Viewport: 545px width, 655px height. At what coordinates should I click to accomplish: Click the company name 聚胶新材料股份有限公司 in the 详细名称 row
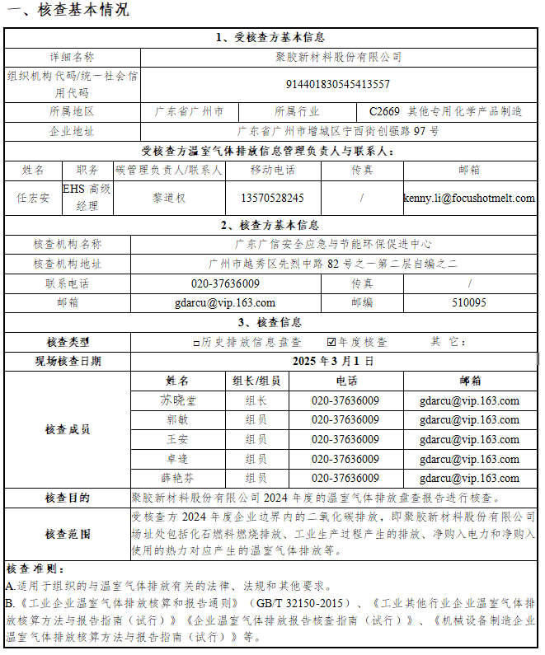338,57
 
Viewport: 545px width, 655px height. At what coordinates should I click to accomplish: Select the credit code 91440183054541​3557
337,84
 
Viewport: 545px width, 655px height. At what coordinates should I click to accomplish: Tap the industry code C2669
384,111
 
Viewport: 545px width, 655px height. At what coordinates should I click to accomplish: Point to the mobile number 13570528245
272,198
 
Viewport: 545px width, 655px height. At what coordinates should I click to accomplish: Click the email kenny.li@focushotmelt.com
469,198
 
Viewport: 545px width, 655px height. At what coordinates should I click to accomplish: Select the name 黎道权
169,198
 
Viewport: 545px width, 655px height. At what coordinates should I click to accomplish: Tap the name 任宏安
33,198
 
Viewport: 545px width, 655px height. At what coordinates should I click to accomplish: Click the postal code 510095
469,302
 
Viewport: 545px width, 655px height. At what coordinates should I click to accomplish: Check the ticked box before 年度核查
331,342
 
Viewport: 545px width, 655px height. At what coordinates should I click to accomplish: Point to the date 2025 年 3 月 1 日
333,361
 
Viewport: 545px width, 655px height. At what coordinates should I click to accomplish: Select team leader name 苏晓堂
177,400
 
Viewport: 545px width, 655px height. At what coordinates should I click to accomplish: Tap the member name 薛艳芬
177,478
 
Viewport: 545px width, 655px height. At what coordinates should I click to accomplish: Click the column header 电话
346,381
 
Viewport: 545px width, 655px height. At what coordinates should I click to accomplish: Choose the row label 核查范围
68,534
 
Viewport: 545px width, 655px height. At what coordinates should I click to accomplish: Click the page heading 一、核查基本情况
67,11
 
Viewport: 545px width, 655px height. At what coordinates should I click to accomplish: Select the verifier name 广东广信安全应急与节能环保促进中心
333,244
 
